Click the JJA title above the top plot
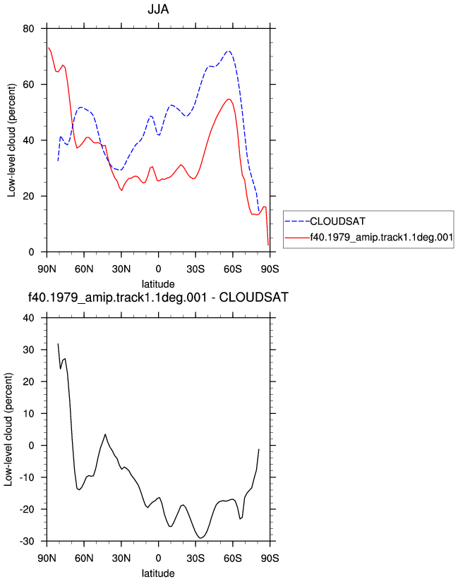158,9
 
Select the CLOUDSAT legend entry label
337,221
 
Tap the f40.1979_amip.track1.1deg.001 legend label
381,237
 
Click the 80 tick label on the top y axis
28,28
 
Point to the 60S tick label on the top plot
232,269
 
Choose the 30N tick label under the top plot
121,269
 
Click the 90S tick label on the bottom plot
270,558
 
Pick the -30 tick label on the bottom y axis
26,542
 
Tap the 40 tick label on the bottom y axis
28,318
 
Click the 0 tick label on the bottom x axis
158,558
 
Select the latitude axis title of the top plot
158,284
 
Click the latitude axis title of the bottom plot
158,573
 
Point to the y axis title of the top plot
11,140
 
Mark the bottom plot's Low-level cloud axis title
8,429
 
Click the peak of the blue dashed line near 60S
229,51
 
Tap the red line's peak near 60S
229,99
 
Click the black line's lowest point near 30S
200,538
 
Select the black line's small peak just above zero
105,434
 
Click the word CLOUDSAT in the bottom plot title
253,298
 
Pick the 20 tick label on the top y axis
28,197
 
